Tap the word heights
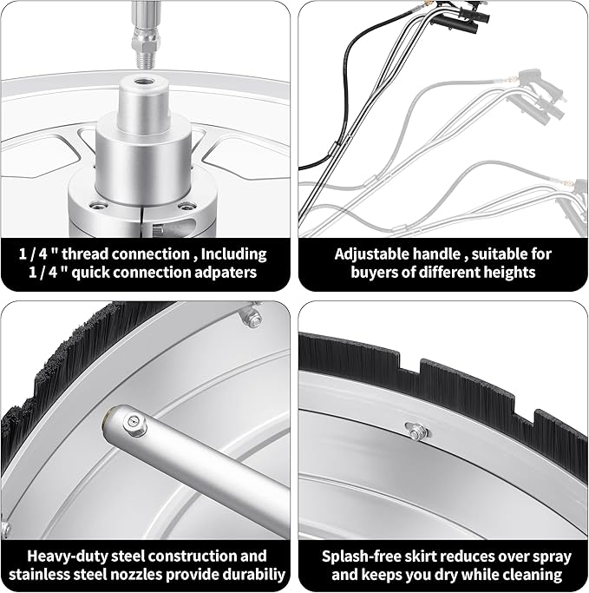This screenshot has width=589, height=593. pos(509,273)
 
